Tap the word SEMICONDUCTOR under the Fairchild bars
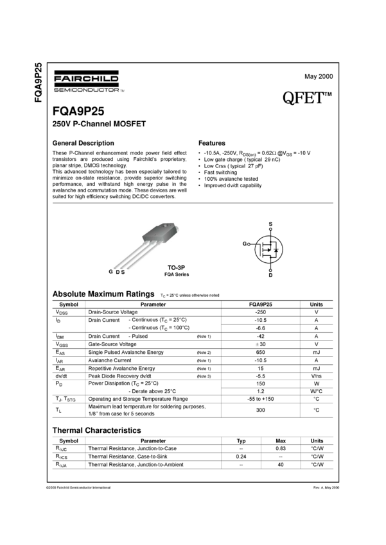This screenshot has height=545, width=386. coord(84,90)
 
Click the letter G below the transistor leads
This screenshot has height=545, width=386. coord(110,272)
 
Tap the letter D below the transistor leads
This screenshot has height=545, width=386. coord(117,272)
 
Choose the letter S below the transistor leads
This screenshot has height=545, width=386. coord(122,272)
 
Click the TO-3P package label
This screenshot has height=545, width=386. coord(176,267)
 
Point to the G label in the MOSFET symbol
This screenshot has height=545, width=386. coord(244,244)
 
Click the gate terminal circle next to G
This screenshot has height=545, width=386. coord(249,244)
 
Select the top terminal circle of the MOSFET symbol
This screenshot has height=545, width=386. coord(270,225)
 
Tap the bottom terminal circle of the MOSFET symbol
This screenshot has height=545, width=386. coord(270,271)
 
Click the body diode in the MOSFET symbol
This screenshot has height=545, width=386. coord(276,249)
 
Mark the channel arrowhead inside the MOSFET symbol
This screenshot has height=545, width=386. coord(268,250)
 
